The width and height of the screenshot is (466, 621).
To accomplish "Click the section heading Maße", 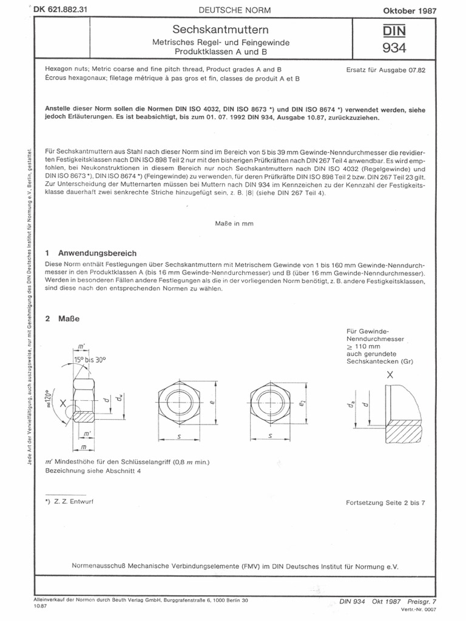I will pos(69,318).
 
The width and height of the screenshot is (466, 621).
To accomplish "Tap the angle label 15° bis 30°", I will pos(90,360).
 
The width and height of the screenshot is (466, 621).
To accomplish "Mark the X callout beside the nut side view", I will pos(62,402).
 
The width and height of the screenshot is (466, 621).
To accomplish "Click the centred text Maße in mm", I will pos(233,223).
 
